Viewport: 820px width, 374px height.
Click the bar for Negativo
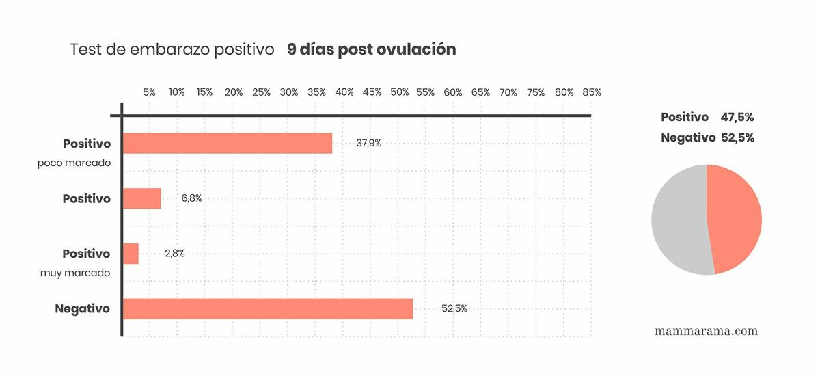point(267,309)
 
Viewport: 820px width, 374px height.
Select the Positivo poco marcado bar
point(227,144)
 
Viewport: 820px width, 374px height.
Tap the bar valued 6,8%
point(141,198)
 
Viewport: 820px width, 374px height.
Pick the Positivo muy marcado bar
point(131,254)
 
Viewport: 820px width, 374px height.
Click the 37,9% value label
point(368,144)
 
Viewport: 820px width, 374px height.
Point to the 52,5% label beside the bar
point(454,309)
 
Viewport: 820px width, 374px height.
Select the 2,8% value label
point(174,254)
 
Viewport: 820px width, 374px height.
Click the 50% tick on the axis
point(400,92)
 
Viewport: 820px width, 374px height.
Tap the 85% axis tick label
point(591,92)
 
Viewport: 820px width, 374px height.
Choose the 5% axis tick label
point(149,92)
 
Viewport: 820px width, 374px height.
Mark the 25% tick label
point(261,92)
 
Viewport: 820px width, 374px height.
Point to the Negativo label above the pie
point(687,138)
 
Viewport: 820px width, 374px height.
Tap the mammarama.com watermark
point(706,331)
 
